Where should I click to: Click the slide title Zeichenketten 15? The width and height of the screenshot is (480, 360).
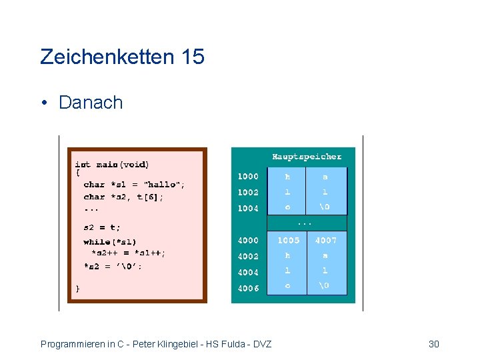pos(122,57)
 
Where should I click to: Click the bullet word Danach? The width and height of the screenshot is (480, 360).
pos(91,103)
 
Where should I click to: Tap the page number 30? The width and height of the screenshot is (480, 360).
pos(434,344)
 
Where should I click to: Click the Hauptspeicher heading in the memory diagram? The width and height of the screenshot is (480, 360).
pos(307,157)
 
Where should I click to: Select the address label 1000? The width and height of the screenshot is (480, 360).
pos(248,176)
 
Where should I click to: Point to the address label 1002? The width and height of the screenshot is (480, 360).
pos(248,192)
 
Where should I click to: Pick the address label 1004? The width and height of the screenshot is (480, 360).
pos(248,208)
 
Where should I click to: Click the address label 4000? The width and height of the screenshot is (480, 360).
pos(248,240)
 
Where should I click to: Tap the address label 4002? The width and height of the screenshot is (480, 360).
pos(248,256)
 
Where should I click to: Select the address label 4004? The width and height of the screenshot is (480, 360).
pos(248,272)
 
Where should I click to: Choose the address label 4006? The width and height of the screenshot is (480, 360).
pos(248,288)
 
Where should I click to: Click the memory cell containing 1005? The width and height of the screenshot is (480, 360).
pos(288,240)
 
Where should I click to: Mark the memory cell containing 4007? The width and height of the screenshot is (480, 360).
pos(326,240)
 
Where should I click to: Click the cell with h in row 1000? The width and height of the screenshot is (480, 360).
pos(288,177)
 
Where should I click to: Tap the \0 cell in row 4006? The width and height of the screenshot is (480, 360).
pos(325,287)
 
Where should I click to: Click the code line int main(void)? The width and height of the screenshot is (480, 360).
pos(112,164)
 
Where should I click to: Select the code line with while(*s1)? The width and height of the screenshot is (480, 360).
pos(110,242)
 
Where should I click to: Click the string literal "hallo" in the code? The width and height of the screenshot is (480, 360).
pos(163,184)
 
